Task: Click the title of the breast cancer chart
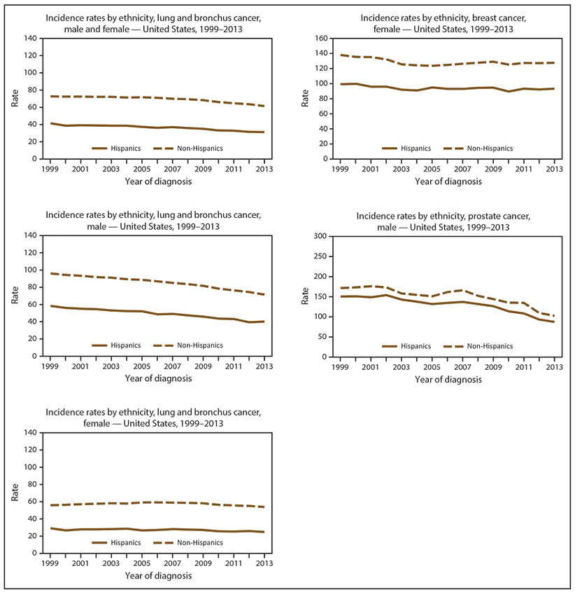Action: coord(439,24)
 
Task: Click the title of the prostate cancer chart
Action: coord(439,221)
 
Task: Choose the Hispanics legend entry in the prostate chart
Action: coord(418,346)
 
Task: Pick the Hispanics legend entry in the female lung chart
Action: coord(128,542)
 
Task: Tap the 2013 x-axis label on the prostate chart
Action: coord(553,368)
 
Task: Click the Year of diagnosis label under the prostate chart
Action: coord(448,379)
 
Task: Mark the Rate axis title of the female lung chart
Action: coord(15,493)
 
